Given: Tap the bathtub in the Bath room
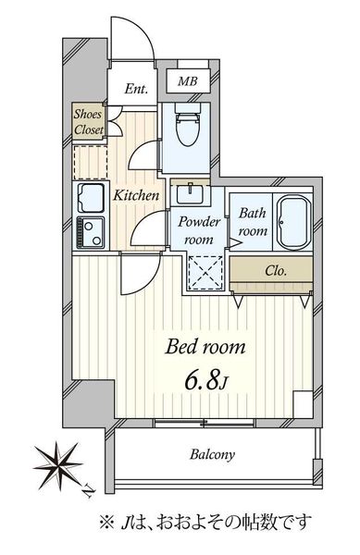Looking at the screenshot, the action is [293, 223].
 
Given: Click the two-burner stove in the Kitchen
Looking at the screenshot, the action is [91, 232].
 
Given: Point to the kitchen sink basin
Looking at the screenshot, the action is [91, 198].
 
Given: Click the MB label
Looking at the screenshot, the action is [188, 81].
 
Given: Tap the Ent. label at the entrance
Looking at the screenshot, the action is [136, 89].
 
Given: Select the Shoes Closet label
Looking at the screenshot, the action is [89, 122].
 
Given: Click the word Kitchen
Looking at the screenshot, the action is [136, 195].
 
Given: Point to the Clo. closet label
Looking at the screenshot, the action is [276, 271].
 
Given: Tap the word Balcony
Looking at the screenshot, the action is [212, 454].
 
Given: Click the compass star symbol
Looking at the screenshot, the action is [59, 464].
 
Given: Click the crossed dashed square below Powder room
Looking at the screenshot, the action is [205, 273].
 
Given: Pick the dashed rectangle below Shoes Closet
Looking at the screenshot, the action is [91, 162].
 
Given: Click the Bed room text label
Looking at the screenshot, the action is [205, 347].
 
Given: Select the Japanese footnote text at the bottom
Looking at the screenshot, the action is [205, 522].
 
